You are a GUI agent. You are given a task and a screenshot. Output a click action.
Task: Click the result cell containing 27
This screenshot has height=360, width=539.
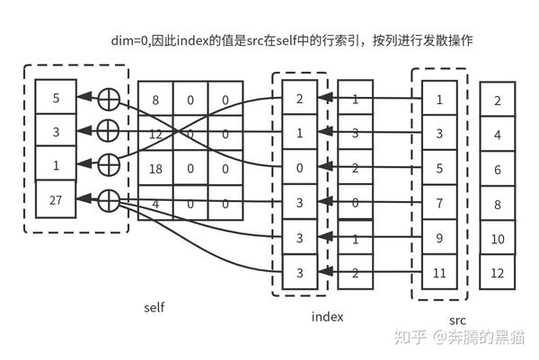[56, 199]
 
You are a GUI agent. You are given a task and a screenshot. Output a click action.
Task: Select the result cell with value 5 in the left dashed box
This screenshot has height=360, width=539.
[56, 97]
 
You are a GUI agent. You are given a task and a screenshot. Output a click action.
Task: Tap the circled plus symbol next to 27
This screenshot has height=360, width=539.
[107, 199]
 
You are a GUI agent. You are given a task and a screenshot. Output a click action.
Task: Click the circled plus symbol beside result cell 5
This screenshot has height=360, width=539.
[107, 97]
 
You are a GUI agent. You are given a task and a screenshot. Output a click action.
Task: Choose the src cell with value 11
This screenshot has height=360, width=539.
[438, 273]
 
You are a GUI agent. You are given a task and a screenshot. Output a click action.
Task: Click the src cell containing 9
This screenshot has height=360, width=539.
[438, 239]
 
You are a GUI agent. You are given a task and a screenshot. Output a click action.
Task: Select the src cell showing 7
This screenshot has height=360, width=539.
[438, 202]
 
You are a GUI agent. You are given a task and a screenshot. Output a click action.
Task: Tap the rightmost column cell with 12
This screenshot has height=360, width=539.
[498, 272]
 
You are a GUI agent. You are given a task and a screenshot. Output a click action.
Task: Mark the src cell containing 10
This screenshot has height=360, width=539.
[498, 238]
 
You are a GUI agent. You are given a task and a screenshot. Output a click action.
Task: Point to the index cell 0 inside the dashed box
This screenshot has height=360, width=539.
[300, 167]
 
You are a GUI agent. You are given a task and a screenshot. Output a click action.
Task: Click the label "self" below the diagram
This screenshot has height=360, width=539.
[154, 307]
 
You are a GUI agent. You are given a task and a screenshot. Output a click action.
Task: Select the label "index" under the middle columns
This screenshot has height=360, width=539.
[327, 316]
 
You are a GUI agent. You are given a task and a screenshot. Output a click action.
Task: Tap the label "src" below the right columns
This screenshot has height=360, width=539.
[457, 320]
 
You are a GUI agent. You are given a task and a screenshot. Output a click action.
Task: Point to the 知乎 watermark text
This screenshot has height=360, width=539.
[411, 338]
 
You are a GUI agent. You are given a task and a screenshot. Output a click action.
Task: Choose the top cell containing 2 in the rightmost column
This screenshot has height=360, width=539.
[498, 101]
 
